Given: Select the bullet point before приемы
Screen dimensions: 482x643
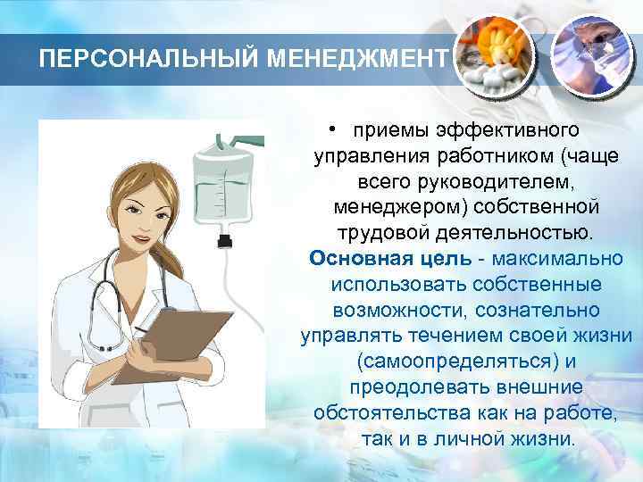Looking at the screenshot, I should click(x=330, y=130).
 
